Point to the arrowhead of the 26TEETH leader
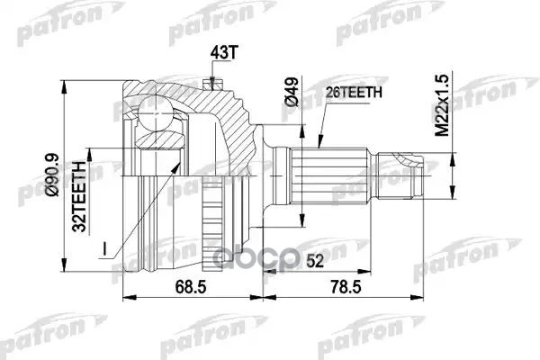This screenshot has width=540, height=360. click(x=320, y=145)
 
